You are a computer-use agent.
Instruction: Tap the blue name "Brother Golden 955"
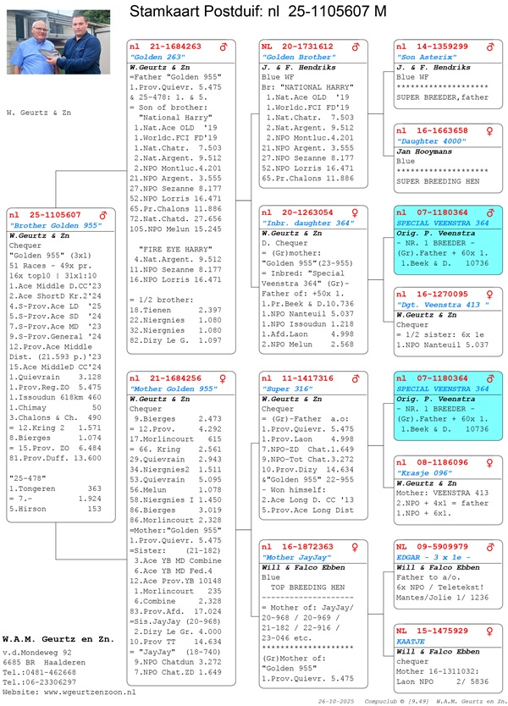(x=56, y=225)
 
